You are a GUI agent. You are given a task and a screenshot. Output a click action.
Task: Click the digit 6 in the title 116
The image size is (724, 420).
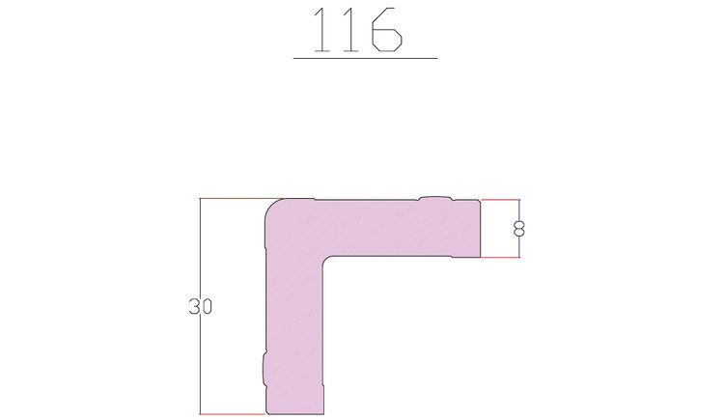point(387,30)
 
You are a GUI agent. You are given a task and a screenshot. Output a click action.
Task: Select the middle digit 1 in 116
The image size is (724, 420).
point(351,30)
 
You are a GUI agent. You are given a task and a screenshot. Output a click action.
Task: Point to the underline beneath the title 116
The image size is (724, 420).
point(365,59)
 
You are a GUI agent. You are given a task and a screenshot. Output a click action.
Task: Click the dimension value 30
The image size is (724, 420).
point(201,307)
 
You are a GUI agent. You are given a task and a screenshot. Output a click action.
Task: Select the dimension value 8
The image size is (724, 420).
point(519,229)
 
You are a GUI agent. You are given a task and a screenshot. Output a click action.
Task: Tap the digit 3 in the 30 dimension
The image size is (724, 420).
point(194,307)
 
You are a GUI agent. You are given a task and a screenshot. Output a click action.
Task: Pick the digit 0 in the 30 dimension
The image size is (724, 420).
point(207,307)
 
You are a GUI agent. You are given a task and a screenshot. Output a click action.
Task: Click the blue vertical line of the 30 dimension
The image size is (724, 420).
point(200,306)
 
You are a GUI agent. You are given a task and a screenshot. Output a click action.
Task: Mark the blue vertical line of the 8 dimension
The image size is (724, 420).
point(519,228)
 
